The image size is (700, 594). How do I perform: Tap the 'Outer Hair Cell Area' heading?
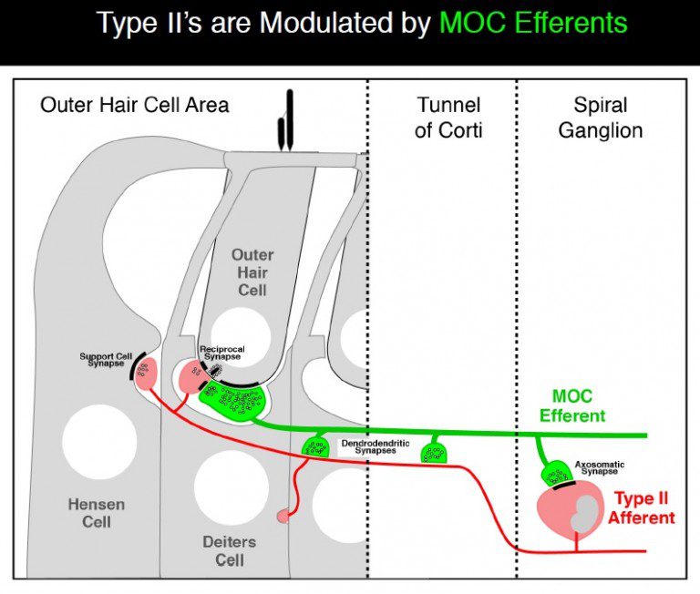(x=134, y=105)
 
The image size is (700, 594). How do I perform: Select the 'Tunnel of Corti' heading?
(x=448, y=118)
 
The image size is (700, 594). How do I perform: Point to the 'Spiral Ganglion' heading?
(x=600, y=118)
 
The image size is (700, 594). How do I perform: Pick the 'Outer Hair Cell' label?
(x=252, y=272)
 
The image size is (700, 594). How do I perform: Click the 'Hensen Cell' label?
(x=96, y=513)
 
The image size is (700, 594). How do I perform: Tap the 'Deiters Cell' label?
(x=230, y=550)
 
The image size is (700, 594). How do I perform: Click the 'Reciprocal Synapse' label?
(x=222, y=353)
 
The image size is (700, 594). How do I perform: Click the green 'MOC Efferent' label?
(x=571, y=406)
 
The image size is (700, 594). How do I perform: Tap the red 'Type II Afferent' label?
(x=643, y=508)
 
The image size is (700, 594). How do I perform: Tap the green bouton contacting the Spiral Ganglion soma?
(x=556, y=474)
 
